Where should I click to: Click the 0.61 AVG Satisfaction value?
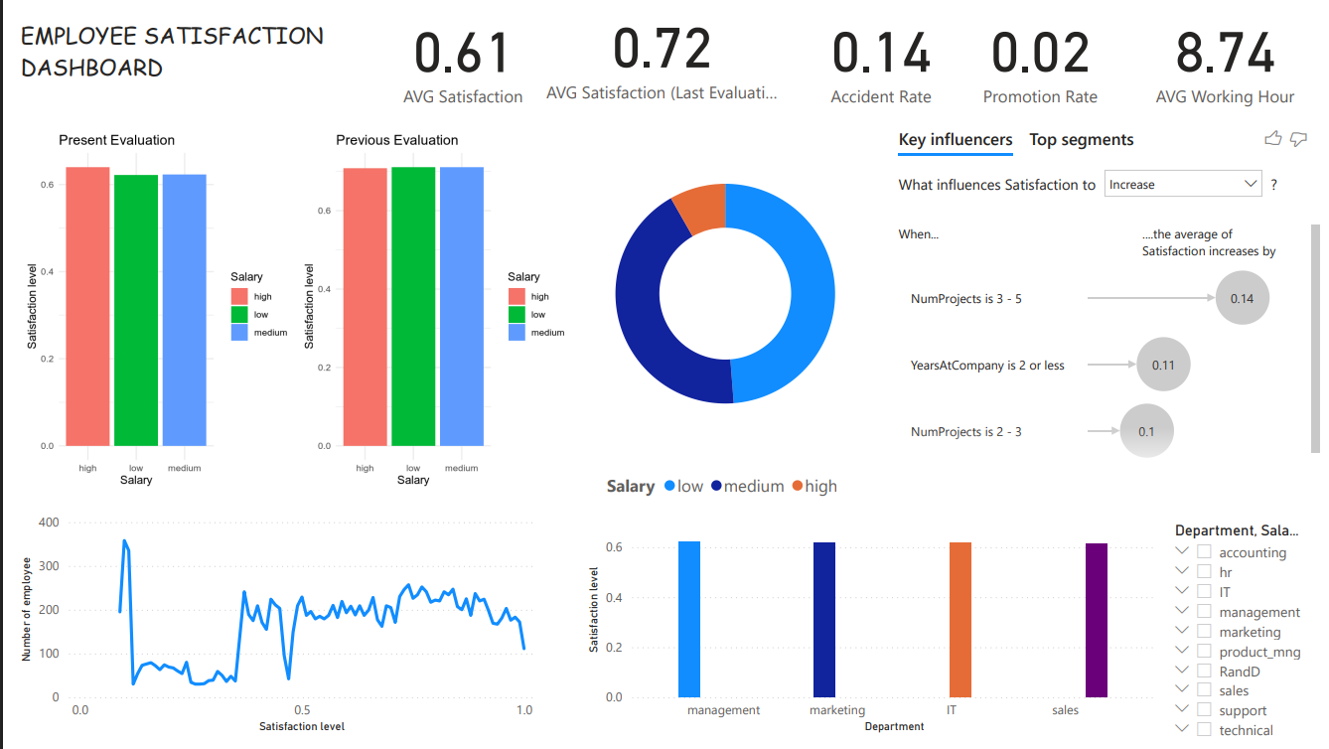[463, 54]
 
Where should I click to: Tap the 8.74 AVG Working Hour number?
[1225, 54]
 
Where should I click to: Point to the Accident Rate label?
[881, 97]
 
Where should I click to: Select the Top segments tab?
[1081, 140]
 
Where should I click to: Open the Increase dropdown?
[1182, 184]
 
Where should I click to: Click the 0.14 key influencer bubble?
[1242, 298]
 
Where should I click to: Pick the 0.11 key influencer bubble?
[1163, 365]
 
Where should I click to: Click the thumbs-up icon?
[1273, 139]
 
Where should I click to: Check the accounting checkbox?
[1204, 552]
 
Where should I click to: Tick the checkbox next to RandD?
[1204, 672]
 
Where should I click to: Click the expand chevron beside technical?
[1182, 730]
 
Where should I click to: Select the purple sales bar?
[1096, 620]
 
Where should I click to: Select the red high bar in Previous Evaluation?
[365, 307]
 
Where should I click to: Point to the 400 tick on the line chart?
[49, 523]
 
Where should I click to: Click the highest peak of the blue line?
[124, 541]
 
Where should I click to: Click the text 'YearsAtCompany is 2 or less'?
[987, 366]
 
